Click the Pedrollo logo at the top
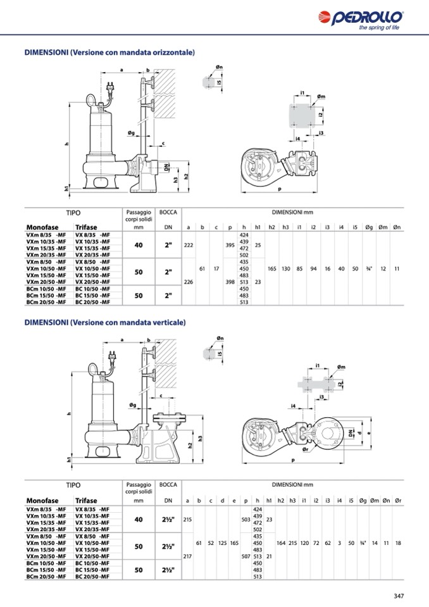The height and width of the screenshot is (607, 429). coord(361,20)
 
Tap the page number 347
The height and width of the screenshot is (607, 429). coord(399,596)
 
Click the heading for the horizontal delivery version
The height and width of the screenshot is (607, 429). coord(109,53)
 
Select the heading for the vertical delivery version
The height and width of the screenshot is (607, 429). coord(105,322)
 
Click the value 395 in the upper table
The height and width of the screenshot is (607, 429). coord(230,245)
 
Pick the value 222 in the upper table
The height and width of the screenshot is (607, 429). coord(189,245)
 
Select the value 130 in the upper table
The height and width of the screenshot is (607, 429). coord(285,268)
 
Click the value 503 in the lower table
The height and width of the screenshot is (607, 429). coord(246,520)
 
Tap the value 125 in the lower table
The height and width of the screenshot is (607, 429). coord(223,543)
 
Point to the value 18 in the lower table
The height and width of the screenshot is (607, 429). coord(398,543)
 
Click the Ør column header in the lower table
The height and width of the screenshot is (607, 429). coord(398,501)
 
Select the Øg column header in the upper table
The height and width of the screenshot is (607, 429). coord(369,227)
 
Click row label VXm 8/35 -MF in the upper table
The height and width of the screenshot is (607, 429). coord(46,235)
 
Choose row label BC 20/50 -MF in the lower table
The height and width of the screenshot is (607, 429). coord(92,577)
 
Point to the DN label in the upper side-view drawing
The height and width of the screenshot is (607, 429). coord(166,167)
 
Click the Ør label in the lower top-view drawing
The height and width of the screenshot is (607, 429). coord(305,449)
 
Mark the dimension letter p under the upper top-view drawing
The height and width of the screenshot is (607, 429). coord(279,189)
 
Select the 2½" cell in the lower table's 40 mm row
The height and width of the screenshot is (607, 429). coord(168,520)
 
